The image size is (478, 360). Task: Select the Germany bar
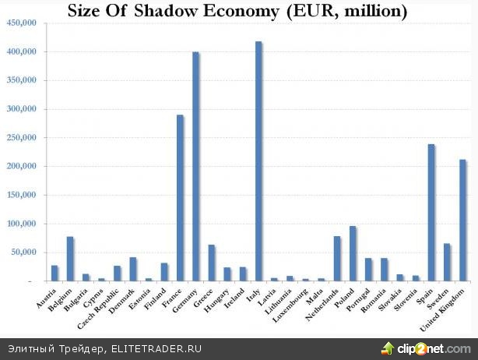[x=195, y=167]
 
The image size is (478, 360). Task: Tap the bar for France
[x=180, y=198]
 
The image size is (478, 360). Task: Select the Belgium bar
[x=70, y=259]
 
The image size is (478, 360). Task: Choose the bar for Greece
[x=211, y=263]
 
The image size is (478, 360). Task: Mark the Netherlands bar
[x=336, y=259]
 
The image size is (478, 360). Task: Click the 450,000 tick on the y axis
[x=22, y=23]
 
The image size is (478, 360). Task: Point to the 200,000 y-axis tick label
[x=22, y=167]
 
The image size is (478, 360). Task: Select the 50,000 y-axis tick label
[x=24, y=252]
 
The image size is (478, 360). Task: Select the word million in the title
[x=368, y=12]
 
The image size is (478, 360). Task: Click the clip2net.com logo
[x=425, y=347]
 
